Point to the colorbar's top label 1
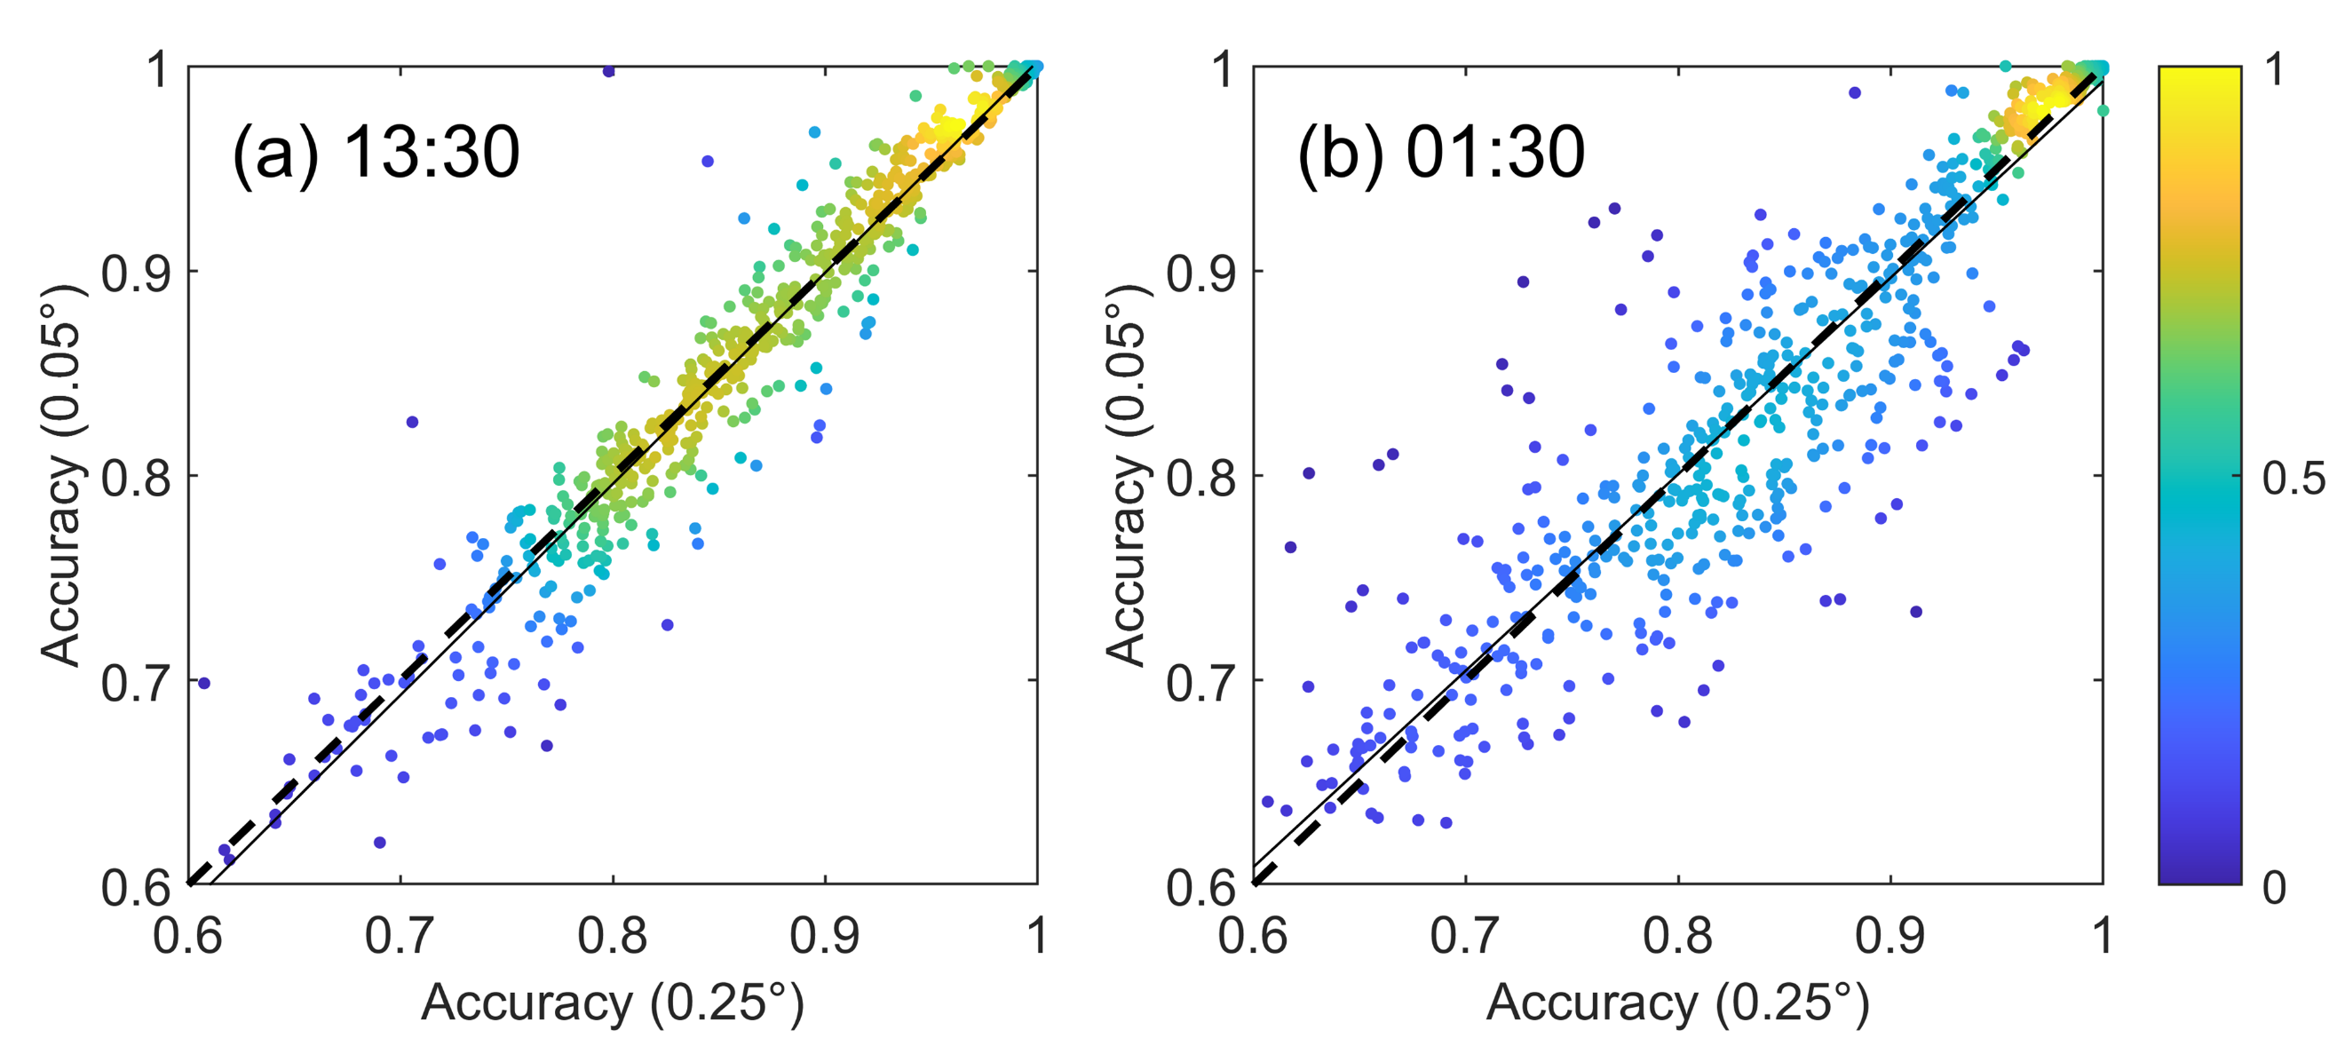click(2274, 70)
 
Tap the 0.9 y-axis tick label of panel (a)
click(136, 272)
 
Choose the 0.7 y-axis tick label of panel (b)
click(1200, 682)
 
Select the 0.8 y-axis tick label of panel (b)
click(1200, 477)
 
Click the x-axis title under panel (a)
click(613, 1004)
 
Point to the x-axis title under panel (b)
click(1678, 1004)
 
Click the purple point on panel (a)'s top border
click(609, 71)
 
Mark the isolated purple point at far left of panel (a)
click(204, 683)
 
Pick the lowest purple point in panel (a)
click(380, 842)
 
